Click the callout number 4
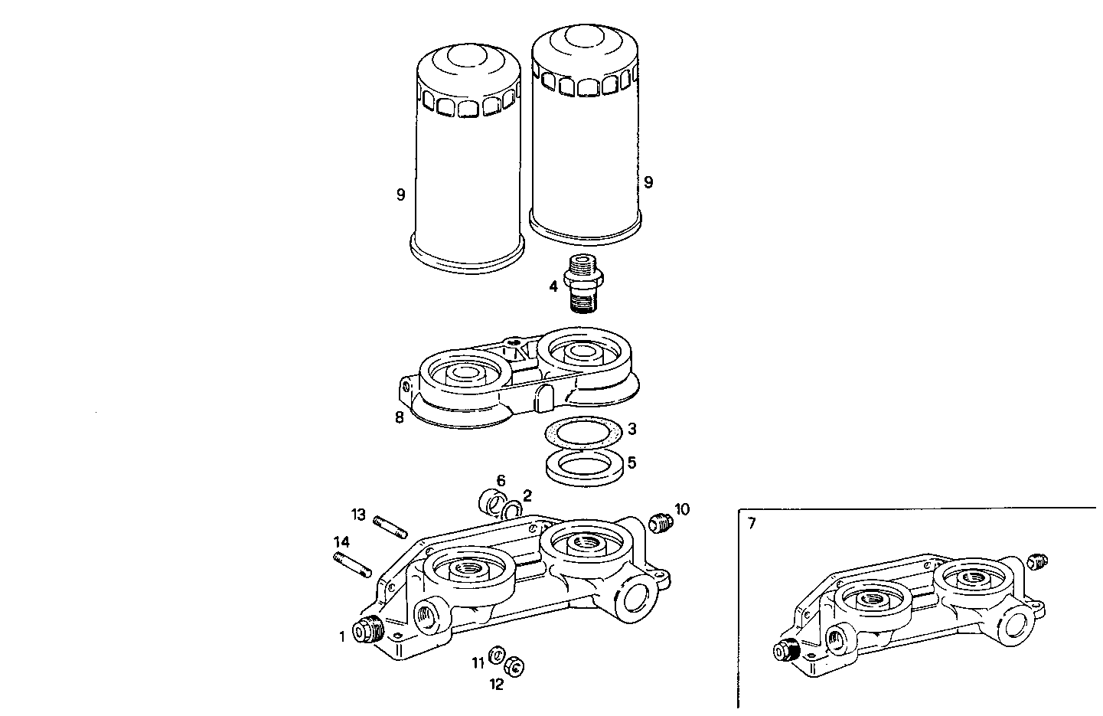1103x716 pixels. click(x=553, y=287)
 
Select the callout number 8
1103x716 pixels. click(x=400, y=418)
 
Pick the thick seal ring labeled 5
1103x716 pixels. click(x=583, y=465)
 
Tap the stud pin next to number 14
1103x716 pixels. click(x=353, y=564)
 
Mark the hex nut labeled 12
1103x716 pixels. click(x=515, y=665)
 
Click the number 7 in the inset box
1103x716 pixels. click(x=752, y=524)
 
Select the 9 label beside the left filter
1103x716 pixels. click(x=400, y=195)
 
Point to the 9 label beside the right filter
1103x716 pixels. click(x=648, y=182)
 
